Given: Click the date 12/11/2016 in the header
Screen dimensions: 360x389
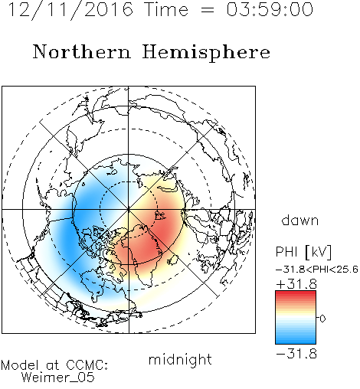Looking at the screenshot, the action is [70, 9].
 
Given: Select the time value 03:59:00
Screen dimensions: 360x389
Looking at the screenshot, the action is [270, 9].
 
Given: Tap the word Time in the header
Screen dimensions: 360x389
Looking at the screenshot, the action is [166, 9].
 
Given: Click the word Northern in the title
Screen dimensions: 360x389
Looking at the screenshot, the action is [82, 52].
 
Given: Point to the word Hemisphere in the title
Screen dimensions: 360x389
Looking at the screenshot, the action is [206, 53].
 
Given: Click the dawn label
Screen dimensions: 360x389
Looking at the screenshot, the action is [300, 220].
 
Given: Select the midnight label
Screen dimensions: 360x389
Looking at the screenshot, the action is [180, 359].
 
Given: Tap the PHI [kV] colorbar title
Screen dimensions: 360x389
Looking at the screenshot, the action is [303, 252].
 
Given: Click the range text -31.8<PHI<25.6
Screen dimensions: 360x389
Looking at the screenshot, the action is [317, 270].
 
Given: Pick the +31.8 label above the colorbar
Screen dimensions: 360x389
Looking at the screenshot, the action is [296, 284].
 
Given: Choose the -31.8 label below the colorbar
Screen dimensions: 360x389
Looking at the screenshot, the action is [296, 354].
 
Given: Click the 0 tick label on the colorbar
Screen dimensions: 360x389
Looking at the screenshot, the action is [322, 319].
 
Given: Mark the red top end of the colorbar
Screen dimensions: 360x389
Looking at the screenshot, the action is [296, 293].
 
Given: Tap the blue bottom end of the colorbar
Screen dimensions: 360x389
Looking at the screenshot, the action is [296, 342].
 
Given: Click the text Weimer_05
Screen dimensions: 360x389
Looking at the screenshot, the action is [58, 377].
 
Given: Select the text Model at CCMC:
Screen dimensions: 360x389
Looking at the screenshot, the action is [54, 365].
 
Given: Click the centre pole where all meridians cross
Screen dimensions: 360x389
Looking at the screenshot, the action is [129, 209].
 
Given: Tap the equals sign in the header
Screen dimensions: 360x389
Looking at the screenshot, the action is [208, 10].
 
